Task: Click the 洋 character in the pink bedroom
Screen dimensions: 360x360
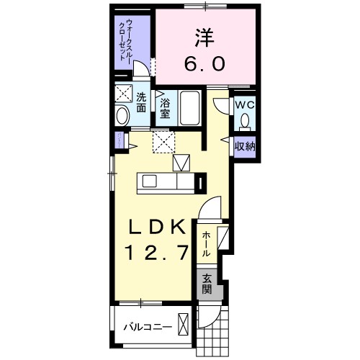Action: [x=207, y=36]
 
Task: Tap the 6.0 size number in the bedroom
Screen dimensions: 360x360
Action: [x=207, y=63]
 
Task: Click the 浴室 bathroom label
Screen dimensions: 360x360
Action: [x=165, y=107]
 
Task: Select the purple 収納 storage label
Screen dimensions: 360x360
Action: [x=244, y=146]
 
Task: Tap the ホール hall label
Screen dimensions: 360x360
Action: [x=207, y=243]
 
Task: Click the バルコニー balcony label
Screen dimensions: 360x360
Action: [x=148, y=327]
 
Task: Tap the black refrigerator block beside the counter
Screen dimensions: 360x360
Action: [x=201, y=183]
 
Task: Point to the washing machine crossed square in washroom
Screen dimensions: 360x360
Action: [x=123, y=94]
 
